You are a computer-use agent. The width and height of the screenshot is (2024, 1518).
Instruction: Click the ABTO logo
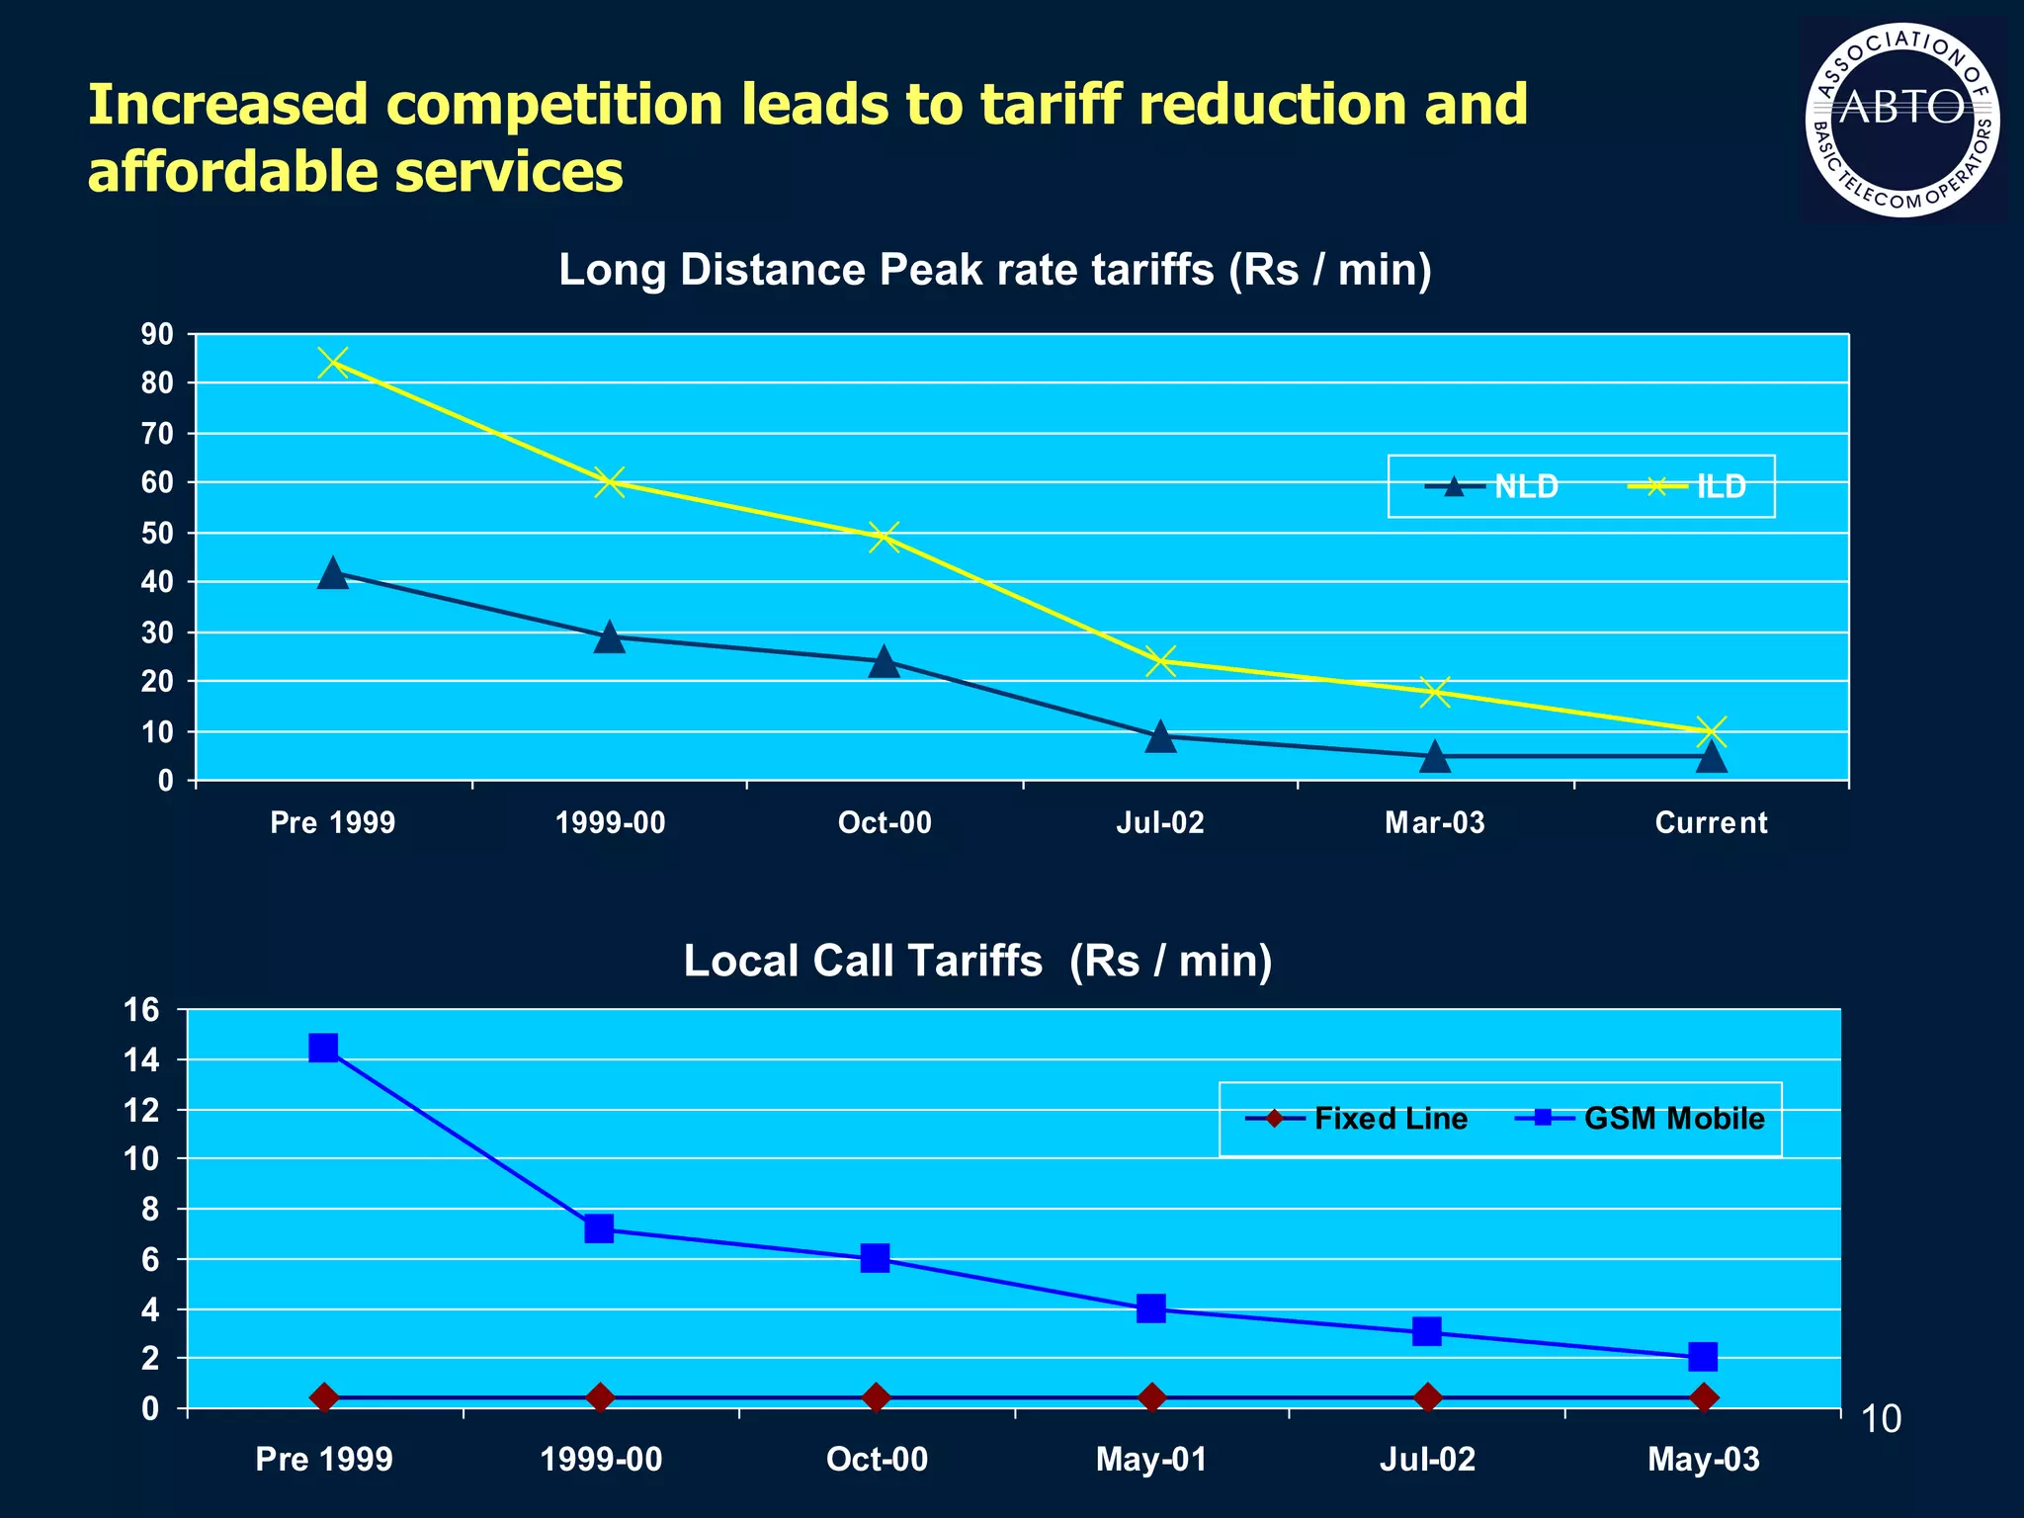coord(1902,120)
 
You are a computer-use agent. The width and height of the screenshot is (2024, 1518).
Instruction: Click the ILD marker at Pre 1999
coord(333,363)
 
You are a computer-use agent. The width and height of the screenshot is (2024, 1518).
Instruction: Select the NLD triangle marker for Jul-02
coord(1161,736)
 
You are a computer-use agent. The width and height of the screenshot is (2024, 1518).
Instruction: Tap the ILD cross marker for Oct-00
coord(885,538)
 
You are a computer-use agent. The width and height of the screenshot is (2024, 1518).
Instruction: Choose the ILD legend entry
coord(1688,486)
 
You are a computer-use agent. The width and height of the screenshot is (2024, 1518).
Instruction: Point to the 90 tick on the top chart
coord(157,335)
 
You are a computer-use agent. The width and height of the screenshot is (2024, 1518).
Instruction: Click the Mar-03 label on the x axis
coord(1435,822)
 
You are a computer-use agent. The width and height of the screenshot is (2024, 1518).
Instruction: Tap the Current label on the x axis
coord(1711,822)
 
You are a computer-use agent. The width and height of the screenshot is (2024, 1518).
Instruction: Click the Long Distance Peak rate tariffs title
coord(994,270)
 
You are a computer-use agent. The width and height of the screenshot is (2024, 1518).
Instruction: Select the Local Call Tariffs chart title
coord(977,961)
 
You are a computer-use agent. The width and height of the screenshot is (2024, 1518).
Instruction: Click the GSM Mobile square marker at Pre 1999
coord(323,1048)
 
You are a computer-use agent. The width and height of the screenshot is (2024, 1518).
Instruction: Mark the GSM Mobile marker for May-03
coord(1703,1356)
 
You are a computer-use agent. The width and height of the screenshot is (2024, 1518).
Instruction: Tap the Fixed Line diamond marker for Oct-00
coord(876,1397)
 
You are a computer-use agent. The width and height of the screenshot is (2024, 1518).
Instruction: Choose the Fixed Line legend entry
coord(1358,1119)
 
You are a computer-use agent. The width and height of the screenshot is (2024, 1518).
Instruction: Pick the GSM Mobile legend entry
coord(1642,1119)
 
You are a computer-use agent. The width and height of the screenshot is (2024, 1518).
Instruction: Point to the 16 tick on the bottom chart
coord(141,1010)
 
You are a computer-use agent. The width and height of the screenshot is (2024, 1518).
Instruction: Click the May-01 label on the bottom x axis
coord(1151,1460)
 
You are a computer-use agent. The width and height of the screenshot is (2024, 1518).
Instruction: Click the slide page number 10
coord(1881,1419)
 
